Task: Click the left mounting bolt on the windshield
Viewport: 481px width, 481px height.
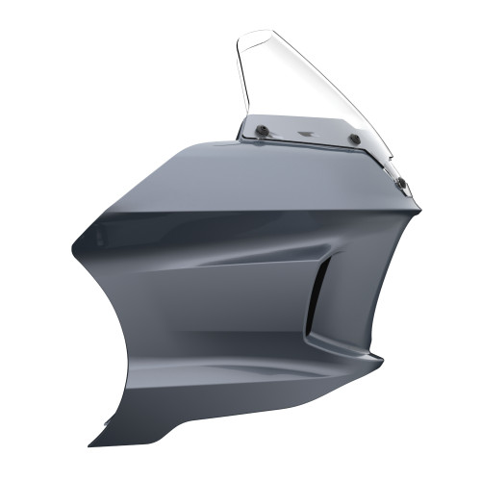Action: (263, 130)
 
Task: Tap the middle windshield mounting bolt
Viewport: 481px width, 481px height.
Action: (355, 139)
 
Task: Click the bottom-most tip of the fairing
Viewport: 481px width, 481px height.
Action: (94, 444)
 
